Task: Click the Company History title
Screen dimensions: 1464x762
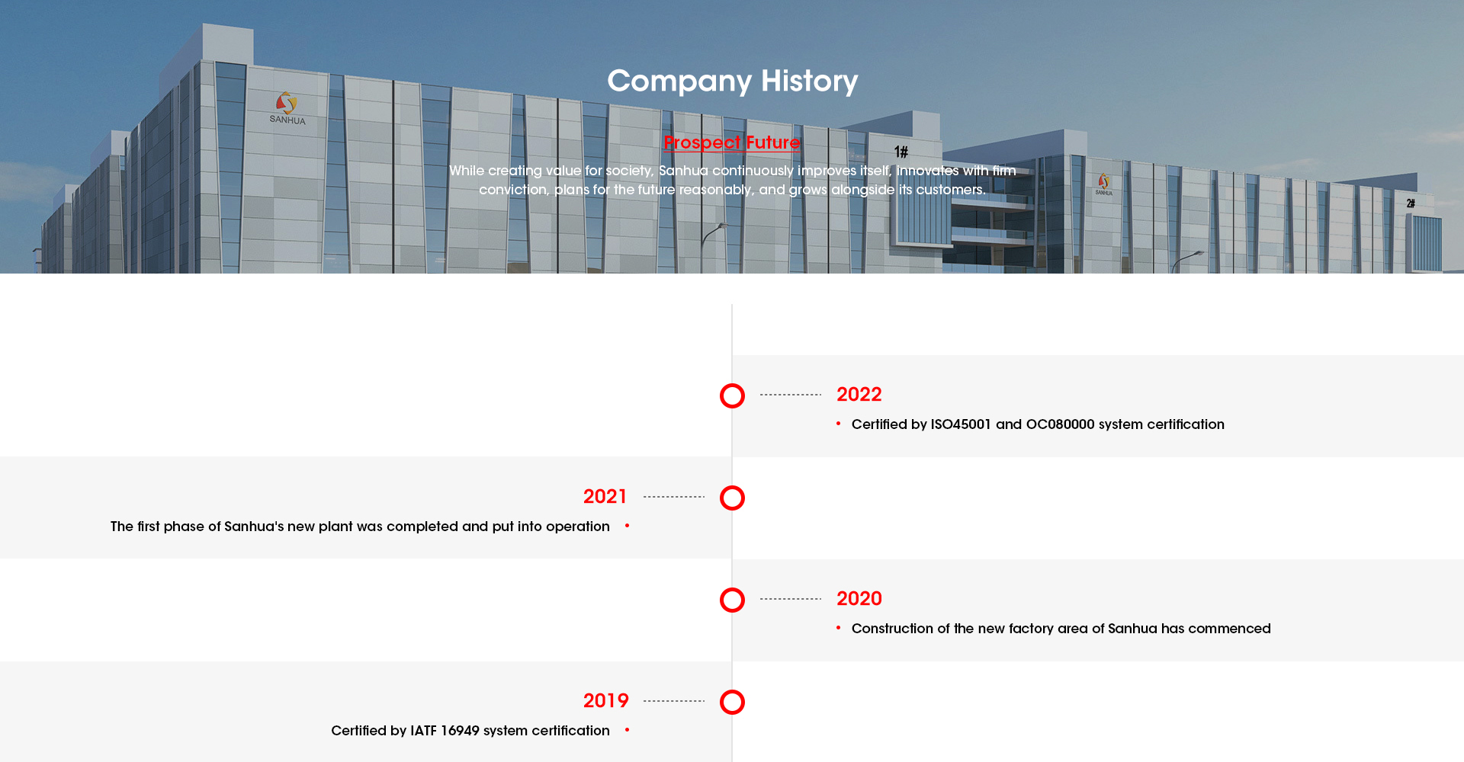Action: [x=732, y=82]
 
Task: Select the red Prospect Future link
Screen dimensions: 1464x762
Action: [x=732, y=142]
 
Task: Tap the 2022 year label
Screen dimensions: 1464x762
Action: [x=859, y=395]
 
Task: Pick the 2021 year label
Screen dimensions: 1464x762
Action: [x=605, y=497]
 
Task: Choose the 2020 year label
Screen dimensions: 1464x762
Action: [x=859, y=599]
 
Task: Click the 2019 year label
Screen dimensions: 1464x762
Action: [x=605, y=701]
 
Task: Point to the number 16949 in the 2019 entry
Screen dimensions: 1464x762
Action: [x=460, y=731]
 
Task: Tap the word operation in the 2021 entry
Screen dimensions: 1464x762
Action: [x=578, y=527]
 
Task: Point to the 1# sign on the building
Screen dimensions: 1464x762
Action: [x=901, y=152]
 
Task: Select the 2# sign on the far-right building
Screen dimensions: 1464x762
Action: [x=1411, y=203]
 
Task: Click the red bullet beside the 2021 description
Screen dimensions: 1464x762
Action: [x=627, y=526]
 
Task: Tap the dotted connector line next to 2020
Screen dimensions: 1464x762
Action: [x=791, y=599]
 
